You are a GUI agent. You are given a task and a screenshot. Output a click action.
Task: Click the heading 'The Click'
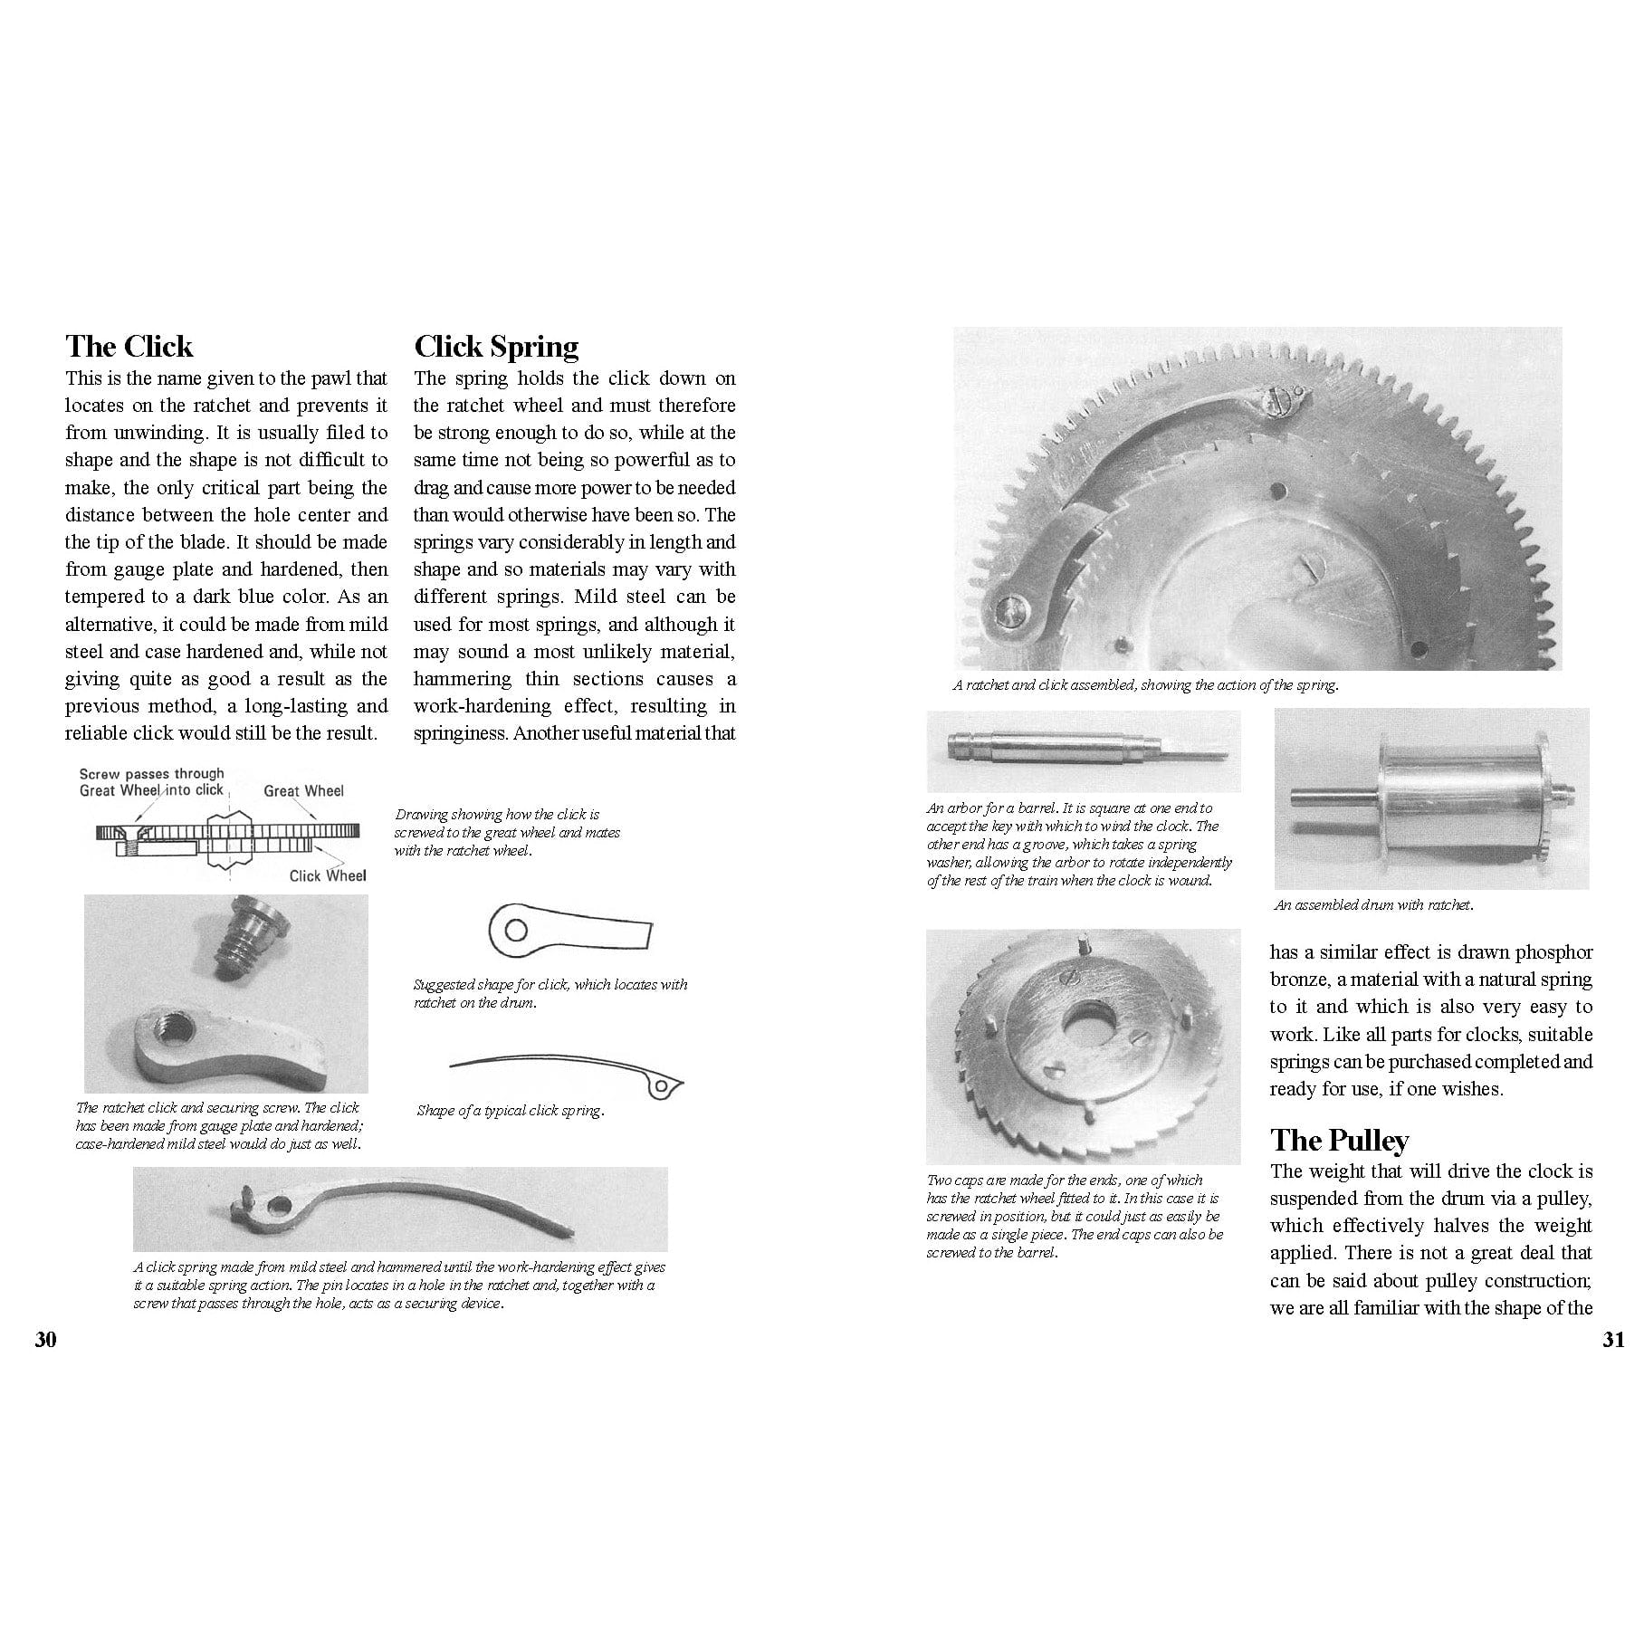[x=129, y=347]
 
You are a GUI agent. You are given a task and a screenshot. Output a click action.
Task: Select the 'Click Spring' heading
[x=496, y=347]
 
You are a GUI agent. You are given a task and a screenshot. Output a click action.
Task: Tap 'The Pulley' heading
[x=1339, y=1141]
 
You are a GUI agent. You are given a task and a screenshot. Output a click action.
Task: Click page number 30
[x=45, y=1341]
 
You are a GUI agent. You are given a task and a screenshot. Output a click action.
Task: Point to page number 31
[x=1614, y=1341]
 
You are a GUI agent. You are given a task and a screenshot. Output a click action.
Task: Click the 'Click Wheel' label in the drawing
[x=328, y=875]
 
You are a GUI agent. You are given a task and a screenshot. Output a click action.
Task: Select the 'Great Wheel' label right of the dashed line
[x=303, y=791]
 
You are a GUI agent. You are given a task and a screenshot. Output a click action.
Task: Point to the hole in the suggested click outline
[x=516, y=930]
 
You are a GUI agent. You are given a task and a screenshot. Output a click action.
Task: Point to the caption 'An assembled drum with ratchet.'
[x=1373, y=904]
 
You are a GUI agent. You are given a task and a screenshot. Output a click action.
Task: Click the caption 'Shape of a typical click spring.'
[x=510, y=1111]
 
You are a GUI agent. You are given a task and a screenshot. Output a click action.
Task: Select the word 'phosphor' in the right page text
[x=1554, y=952]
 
